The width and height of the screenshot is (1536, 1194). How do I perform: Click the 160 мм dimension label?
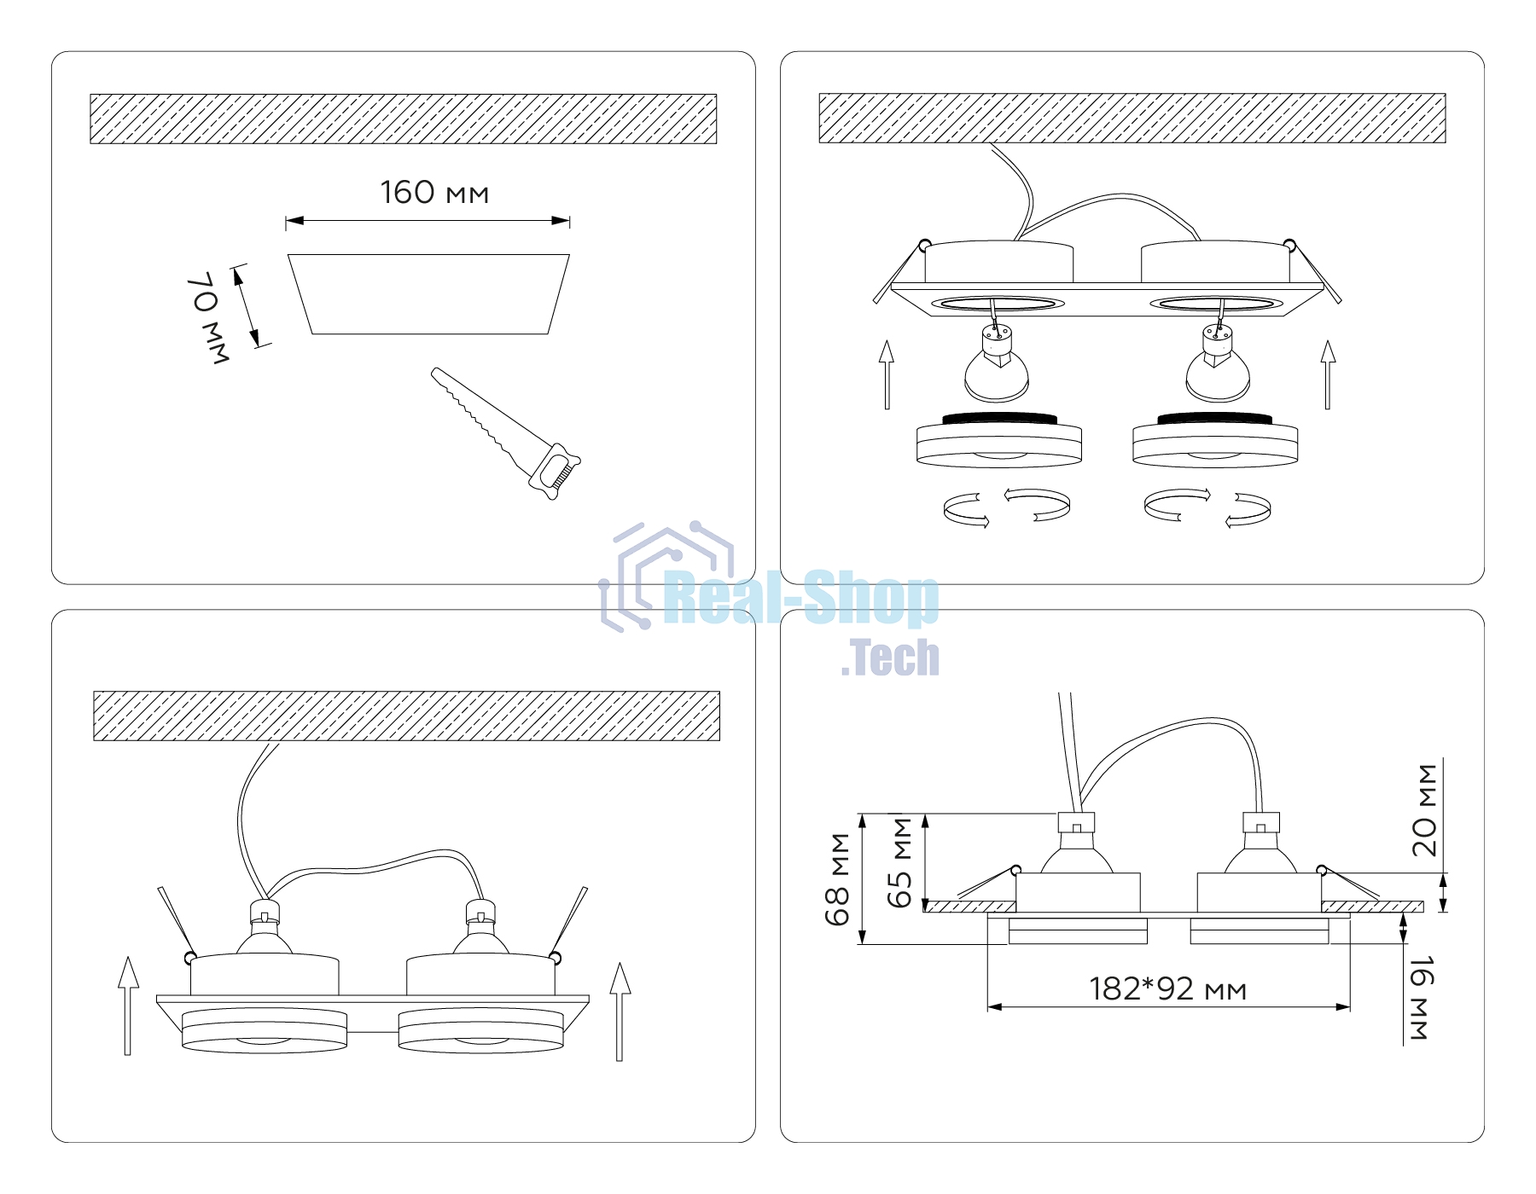434,193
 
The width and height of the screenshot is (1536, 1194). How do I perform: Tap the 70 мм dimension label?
208,318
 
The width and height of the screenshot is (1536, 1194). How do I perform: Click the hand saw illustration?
505,433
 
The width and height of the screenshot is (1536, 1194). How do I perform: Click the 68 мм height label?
837,879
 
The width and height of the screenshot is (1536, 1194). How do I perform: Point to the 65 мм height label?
899,863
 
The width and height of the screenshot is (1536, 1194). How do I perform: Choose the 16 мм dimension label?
1421,999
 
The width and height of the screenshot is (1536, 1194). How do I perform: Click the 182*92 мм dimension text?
1167,988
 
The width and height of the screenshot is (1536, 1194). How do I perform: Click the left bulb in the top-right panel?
997,363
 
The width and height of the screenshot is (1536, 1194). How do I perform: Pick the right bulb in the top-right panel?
1218,363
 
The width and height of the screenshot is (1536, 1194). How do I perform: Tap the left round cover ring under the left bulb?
999,440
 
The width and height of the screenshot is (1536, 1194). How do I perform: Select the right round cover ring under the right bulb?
1215,440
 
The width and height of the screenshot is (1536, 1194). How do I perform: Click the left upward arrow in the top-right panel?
887,374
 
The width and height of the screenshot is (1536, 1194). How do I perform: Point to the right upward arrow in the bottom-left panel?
620,1011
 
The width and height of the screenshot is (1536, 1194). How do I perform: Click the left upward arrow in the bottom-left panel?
128,1006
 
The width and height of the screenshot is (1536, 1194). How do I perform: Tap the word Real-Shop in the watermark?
800,598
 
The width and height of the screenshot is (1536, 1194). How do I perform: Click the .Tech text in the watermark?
890,658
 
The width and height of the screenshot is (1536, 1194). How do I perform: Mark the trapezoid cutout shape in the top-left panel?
428,294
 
